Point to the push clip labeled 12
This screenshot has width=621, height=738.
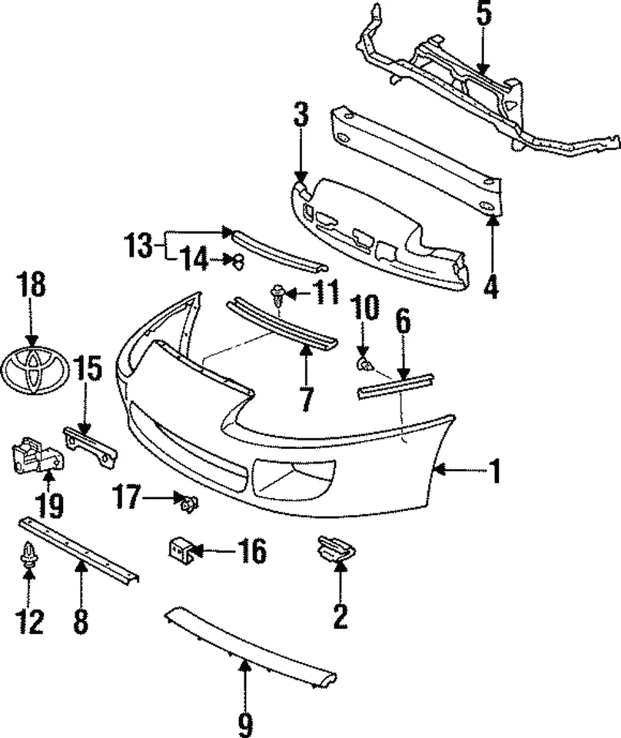30,555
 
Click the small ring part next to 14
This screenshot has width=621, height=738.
237,261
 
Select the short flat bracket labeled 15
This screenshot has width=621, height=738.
90,445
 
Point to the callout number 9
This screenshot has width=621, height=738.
244,722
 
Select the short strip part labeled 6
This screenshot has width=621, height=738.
396,385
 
